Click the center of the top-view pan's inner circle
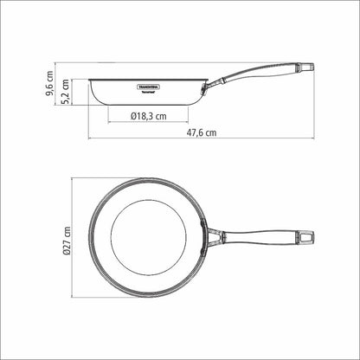[x=147, y=234]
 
